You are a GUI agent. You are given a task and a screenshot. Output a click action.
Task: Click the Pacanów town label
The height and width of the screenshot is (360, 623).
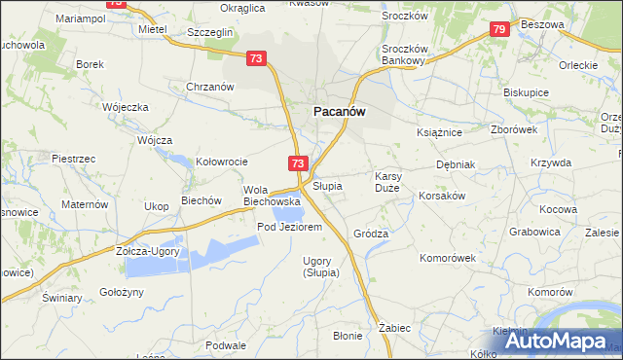pos(339,112)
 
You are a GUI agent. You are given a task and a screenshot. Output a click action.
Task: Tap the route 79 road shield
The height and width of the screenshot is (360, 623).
pos(498,30)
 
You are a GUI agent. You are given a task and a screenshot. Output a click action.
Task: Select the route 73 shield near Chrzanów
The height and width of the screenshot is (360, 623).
pos(257,59)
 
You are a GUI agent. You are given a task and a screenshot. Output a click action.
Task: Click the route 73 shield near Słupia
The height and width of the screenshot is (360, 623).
pos(298,163)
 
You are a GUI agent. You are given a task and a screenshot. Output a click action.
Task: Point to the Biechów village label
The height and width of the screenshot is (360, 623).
pos(202,201)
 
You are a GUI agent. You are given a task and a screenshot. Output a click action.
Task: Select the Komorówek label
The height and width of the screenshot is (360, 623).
pos(447,258)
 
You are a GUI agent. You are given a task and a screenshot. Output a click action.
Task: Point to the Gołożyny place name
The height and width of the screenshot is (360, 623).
pos(122,292)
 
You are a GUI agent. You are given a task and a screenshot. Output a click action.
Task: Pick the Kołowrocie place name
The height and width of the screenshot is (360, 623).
pos(223,162)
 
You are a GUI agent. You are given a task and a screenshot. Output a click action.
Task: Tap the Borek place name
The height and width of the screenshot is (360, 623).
pos(90,64)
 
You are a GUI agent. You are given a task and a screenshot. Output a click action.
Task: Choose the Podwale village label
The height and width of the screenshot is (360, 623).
pos(226,345)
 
